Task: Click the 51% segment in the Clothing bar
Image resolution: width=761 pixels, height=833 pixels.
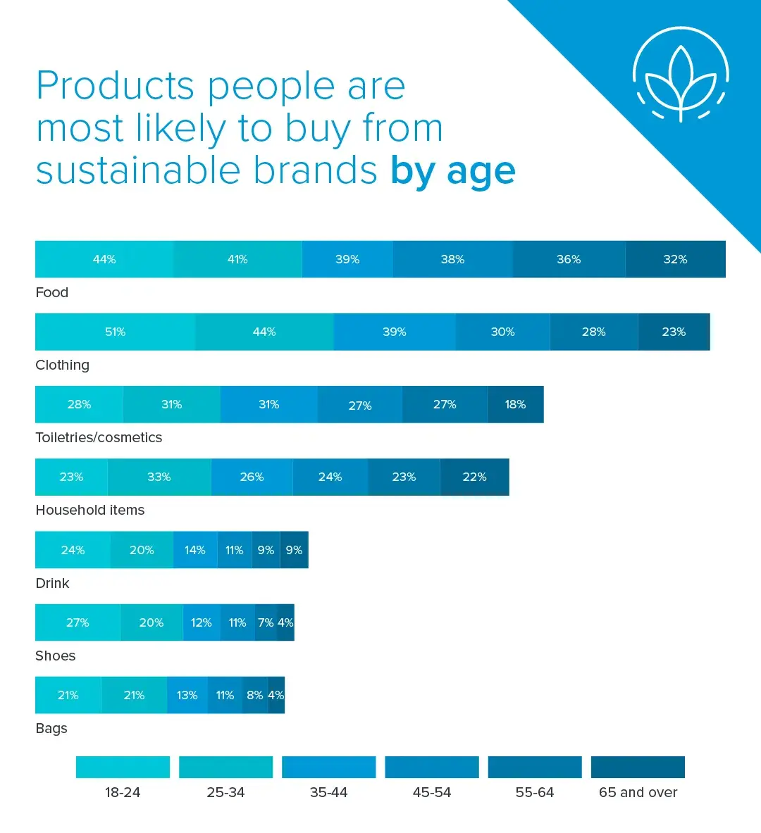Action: click(115, 332)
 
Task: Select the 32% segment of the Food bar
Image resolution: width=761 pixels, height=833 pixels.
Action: click(675, 259)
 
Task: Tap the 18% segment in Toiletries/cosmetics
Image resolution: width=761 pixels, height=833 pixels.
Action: click(515, 404)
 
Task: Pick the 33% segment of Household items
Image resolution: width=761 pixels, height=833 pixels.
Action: click(159, 477)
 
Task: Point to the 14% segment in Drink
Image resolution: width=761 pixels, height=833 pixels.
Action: click(195, 550)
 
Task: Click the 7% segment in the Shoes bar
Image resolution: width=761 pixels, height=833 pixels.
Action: click(266, 622)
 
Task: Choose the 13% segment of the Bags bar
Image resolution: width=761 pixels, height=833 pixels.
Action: click(187, 695)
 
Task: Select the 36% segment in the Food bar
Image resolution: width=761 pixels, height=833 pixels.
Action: click(569, 259)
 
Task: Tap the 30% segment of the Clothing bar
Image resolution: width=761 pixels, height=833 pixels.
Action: click(502, 332)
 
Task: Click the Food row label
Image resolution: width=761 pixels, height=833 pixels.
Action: click(52, 292)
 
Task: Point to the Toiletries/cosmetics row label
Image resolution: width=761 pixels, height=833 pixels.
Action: click(99, 437)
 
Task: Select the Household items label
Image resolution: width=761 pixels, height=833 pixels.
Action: click(90, 510)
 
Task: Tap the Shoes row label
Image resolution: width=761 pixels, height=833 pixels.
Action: click(56, 656)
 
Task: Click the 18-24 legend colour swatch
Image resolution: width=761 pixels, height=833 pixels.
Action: click(123, 767)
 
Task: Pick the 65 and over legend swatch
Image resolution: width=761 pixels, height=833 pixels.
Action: click(638, 767)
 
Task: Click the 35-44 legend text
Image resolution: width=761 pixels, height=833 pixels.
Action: click(328, 792)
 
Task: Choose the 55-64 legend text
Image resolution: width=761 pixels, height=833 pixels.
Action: click(535, 792)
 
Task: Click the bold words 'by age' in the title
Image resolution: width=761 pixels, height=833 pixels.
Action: click(453, 171)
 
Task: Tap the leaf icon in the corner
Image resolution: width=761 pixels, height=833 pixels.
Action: click(681, 75)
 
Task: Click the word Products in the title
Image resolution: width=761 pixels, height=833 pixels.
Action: click(115, 86)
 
